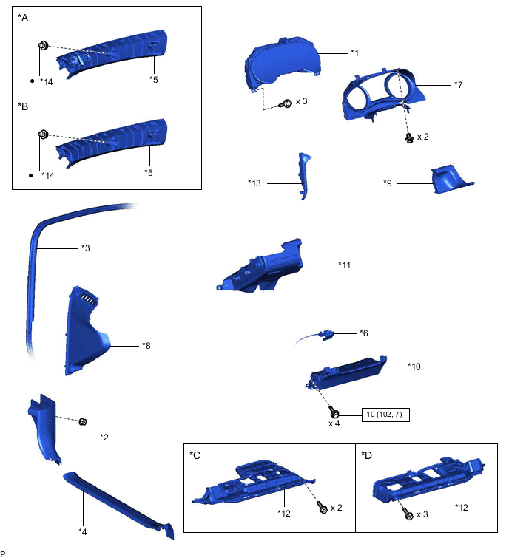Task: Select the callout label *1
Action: pyautogui.click(x=354, y=53)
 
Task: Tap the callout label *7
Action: pyautogui.click(x=458, y=85)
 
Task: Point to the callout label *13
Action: pyautogui.click(x=254, y=183)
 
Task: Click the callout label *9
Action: pyautogui.click(x=388, y=183)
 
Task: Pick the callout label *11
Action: pyautogui.click(x=345, y=265)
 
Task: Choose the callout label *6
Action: pyautogui.click(x=364, y=333)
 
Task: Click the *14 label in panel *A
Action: pyautogui.click(x=47, y=82)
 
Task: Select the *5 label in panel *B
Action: pyautogui.click(x=149, y=173)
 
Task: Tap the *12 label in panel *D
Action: pyautogui.click(x=462, y=508)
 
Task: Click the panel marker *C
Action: pyautogui.click(x=195, y=455)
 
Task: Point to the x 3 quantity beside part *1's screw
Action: pyautogui.click(x=301, y=101)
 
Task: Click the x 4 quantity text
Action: pyautogui.click(x=334, y=423)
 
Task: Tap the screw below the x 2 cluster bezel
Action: pyautogui.click(x=409, y=137)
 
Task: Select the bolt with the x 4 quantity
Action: pyautogui.click(x=334, y=412)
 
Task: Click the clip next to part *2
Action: pyautogui.click(x=83, y=422)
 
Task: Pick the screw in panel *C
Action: pyautogui.click(x=322, y=507)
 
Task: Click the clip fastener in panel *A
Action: pyautogui.click(x=43, y=46)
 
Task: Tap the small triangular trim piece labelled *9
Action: pyautogui.click(x=451, y=179)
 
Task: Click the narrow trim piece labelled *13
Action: pyautogui.click(x=304, y=176)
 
